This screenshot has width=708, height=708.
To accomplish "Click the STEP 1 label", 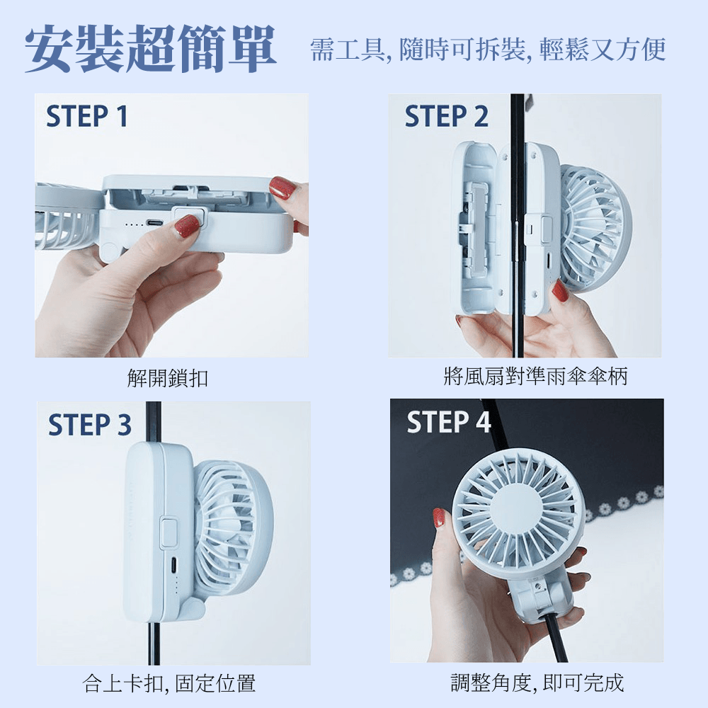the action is pyautogui.click(x=86, y=116).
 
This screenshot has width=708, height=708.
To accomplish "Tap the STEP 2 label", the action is pyautogui.click(x=446, y=116).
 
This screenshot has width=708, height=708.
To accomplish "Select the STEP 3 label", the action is pyautogui.click(x=89, y=425).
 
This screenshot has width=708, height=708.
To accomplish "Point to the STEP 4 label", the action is pyautogui.click(x=449, y=422).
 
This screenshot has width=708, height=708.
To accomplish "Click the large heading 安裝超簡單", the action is pyautogui.click(x=150, y=49).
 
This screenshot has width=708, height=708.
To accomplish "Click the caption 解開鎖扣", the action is pyautogui.click(x=168, y=378).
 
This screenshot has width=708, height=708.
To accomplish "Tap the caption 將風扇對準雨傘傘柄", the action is pyautogui.click(x=535, y=376).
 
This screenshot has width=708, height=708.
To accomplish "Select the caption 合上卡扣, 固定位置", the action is pyautogui.click(x=169, y=683).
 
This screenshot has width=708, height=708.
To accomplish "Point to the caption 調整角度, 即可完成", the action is pyautogui.click(x=537, y=683).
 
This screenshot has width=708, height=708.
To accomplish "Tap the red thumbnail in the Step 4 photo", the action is pyautogui.click(x=438, y=518).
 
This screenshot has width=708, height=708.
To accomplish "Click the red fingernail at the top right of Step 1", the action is pyautogui.click(x=282, y=188).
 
